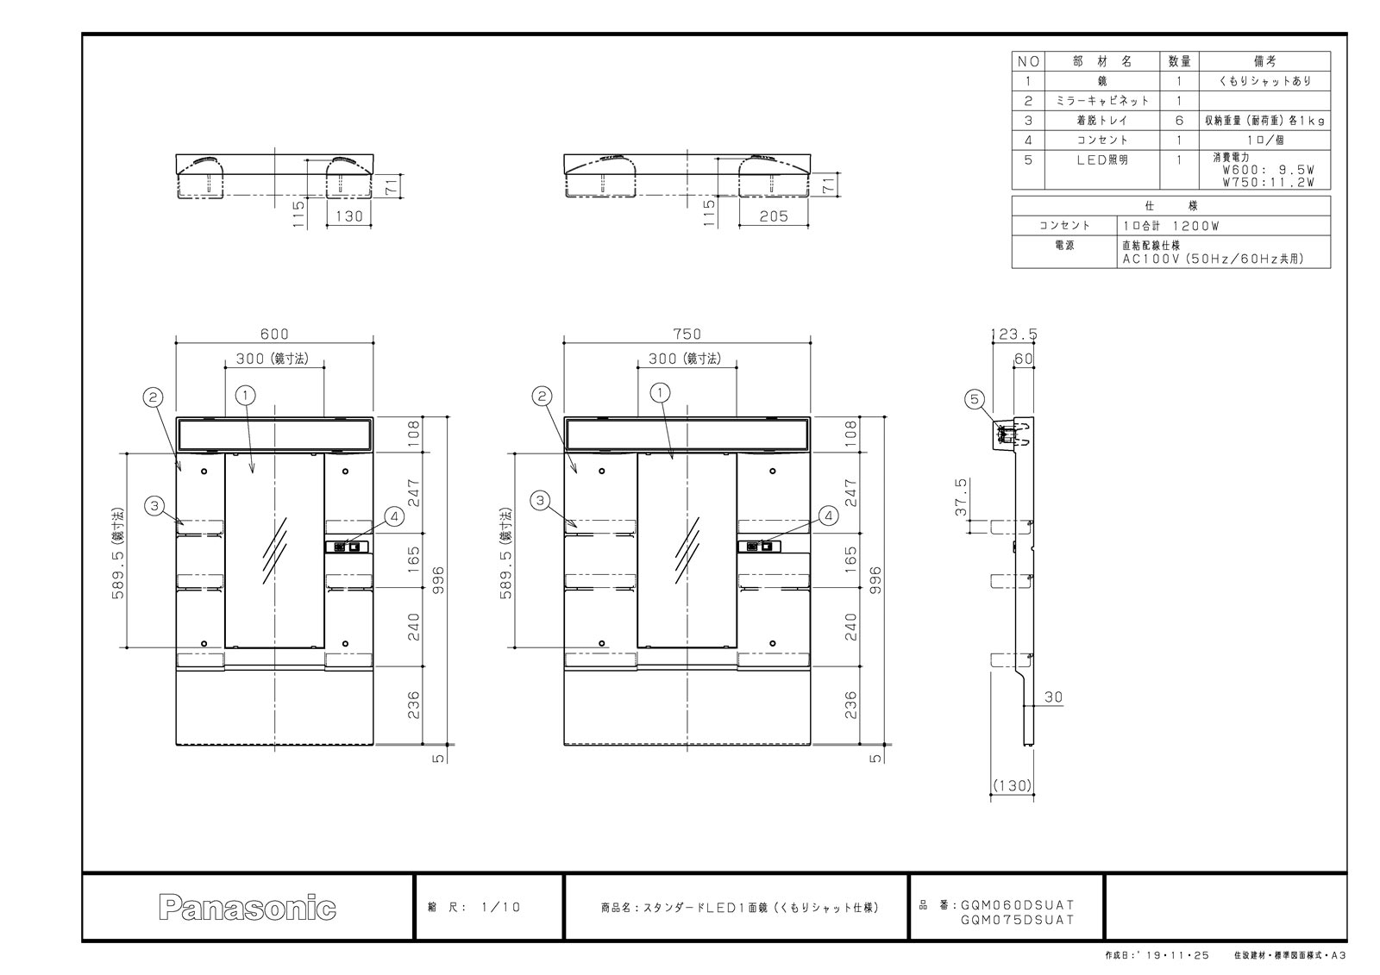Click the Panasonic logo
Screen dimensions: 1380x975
click(247, 907)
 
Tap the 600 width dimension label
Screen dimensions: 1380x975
click(274, 334)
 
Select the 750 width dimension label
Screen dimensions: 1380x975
click(687, 334)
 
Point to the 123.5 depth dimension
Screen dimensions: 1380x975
click(1014, 334)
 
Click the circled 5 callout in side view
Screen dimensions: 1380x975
click(974, 400)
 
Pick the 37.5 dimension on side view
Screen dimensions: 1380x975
click(961, 497)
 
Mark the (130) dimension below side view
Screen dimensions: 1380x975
click(1013, 785)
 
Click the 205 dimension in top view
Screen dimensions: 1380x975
click(774, 216)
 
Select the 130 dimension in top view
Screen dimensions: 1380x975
click(349, 216)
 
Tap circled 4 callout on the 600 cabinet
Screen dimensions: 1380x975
click(394, 516)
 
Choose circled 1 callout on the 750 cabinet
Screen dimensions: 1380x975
click(660, 392)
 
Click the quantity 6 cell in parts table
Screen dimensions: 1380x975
click(1179, 121)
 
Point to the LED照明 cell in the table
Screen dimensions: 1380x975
click(1101, 160)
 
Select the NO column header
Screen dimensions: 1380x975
click(1028, 61)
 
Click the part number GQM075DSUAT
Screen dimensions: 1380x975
click(1017, 920)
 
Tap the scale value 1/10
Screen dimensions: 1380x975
click(500, 907)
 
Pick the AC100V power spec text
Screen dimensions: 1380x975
click(1213, 259)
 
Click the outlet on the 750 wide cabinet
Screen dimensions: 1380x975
click(760, 547)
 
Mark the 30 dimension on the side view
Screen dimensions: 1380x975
click(1053, 697)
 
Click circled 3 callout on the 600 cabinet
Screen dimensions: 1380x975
click(154, 506)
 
